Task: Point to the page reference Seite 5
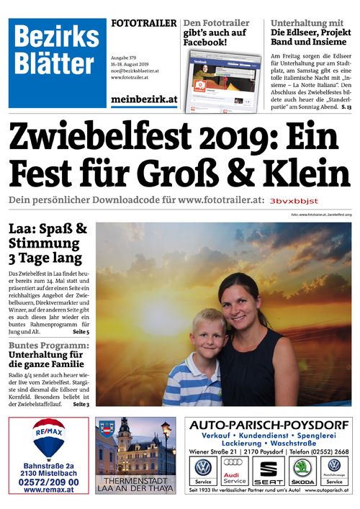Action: [x=81, y=332]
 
